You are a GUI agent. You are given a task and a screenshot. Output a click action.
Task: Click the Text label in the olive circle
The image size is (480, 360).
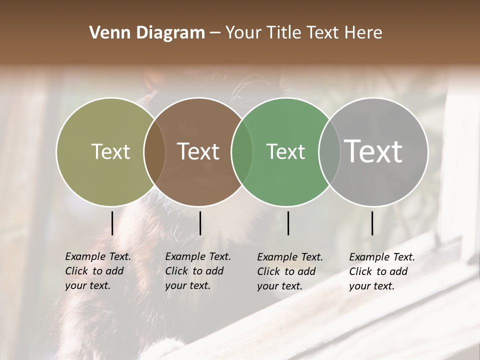click(x=110, y=151)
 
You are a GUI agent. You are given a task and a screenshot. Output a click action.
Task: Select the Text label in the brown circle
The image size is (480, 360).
click(x=198, y=151)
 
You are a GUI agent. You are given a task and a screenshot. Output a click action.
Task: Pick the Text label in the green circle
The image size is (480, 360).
click(x=285, y=151)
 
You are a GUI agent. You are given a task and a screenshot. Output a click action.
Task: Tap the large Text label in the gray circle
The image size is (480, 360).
click(x=373, y=151)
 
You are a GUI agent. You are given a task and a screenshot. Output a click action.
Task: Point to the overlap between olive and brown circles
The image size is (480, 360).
click(x=154, y=151)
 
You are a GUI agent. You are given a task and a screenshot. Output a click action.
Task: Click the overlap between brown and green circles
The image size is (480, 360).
click(x=242, y=151)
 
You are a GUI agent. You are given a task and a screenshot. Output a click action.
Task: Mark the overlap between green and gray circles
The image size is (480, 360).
click(x=329, y=151)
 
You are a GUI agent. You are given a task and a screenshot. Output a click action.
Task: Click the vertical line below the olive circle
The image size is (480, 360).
click(x=112, y=223)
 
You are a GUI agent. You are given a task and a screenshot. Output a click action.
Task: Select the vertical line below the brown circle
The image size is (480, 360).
click(x=200, y=223)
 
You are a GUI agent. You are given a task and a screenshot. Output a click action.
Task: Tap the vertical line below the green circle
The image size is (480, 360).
click(x=288, y=223)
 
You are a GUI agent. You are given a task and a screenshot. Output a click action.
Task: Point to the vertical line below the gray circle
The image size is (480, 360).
click(x=372, y=223)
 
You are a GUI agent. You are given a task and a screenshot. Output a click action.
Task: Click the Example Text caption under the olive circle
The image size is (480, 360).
click(x=98, y=271)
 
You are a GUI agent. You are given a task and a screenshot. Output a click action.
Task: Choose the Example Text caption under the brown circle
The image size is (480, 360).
click(x=198, y=271)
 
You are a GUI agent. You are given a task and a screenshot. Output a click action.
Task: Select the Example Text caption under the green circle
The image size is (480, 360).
click(x=290, y=271)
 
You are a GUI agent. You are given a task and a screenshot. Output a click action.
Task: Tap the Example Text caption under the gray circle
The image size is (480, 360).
click(x=382, y=271)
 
